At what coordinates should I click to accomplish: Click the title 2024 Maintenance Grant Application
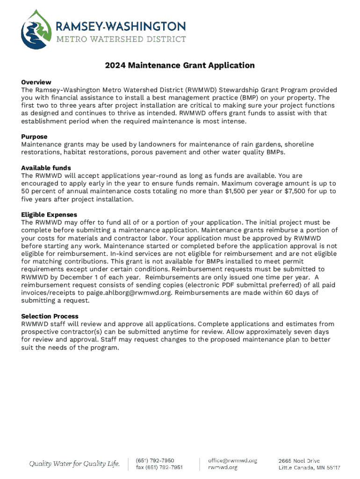coord(180,65)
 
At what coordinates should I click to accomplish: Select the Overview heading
coord(36,82)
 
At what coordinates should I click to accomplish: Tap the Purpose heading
coord(34,137)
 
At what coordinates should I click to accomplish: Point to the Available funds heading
coord(46,168)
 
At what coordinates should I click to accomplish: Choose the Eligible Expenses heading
coord(49,215)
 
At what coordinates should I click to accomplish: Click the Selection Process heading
coord(50,316)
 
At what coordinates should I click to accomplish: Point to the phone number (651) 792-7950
coord(155,461)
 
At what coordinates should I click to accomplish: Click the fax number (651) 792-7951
coord(159,467)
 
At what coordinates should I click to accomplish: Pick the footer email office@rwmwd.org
coord(233,461)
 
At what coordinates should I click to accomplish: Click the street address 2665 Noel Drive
coord(299,461)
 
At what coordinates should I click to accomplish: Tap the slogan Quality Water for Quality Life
coord(75,464)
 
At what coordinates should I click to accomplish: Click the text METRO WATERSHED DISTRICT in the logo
coord(121,39)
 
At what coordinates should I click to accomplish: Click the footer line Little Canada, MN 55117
coord(310,467)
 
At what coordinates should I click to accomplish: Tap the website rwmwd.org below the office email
coord(223,467)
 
